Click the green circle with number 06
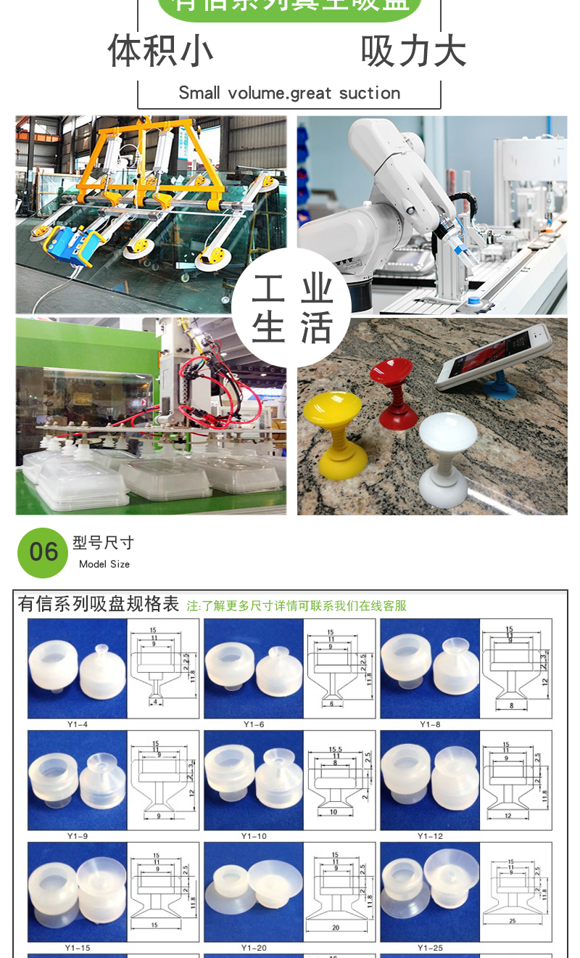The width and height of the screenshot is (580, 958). [43, 552]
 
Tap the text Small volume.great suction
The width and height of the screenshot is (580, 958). [289, 93]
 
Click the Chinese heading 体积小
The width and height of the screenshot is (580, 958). [160, 51]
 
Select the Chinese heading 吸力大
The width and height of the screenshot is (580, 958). [413, 51]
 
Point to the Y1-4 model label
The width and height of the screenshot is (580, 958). [78, 724]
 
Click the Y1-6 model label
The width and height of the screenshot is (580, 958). [254, 724]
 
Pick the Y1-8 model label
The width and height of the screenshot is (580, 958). [430, 724]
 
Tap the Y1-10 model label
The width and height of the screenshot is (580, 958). [254, 836]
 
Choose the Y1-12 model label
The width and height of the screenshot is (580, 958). [430, 836]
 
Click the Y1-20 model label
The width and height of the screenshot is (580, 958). [254, 948]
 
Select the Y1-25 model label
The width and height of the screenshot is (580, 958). [430, 948]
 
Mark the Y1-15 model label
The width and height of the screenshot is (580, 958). [78, 948]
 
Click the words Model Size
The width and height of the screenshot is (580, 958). [104, 564]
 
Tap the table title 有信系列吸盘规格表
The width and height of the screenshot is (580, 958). [98, 604]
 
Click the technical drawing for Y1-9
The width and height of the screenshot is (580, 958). [163, 780]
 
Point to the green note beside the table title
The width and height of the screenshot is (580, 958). [296, 605]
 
